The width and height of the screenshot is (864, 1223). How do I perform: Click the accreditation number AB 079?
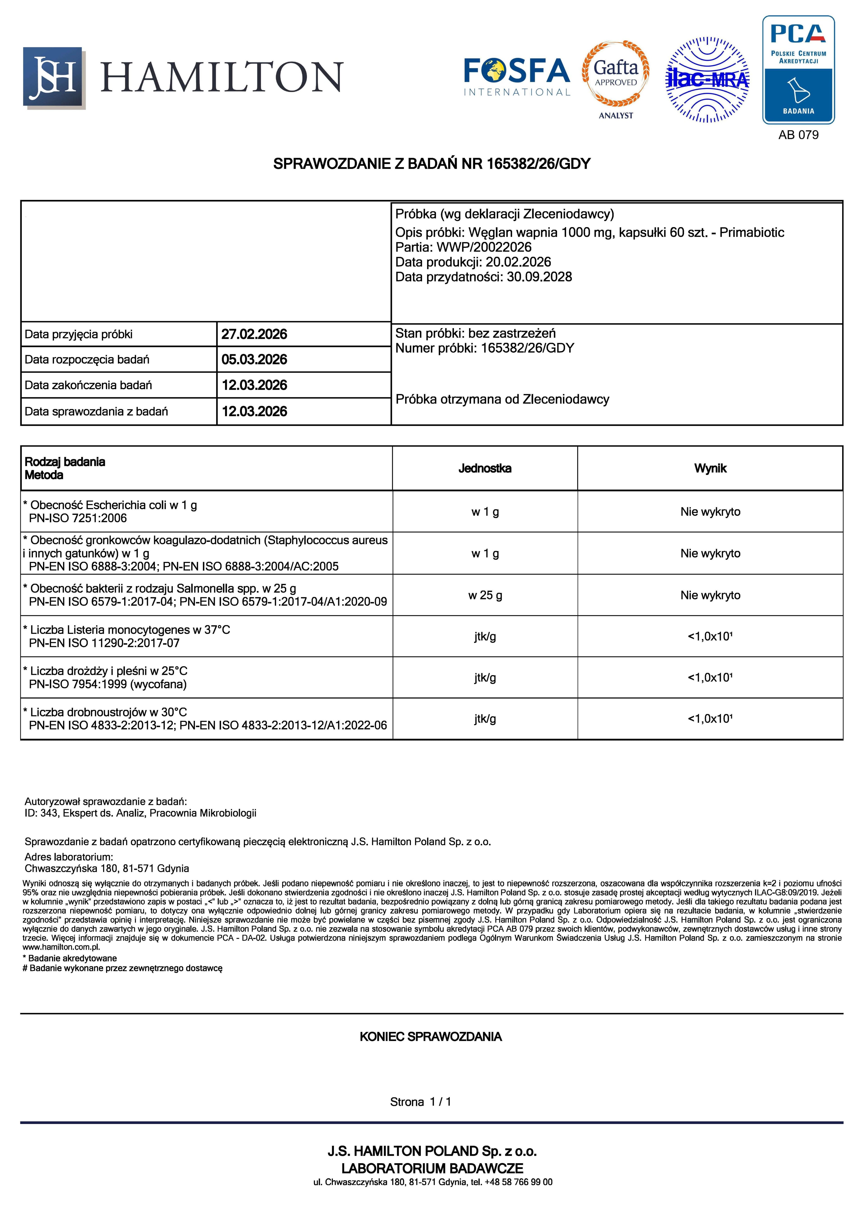798,135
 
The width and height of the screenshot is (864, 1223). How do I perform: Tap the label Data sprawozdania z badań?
96,411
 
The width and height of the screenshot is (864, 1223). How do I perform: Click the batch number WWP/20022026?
484,247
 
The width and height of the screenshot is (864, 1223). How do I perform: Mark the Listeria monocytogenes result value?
710,637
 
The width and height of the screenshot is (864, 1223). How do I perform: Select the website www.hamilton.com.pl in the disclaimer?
61,947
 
